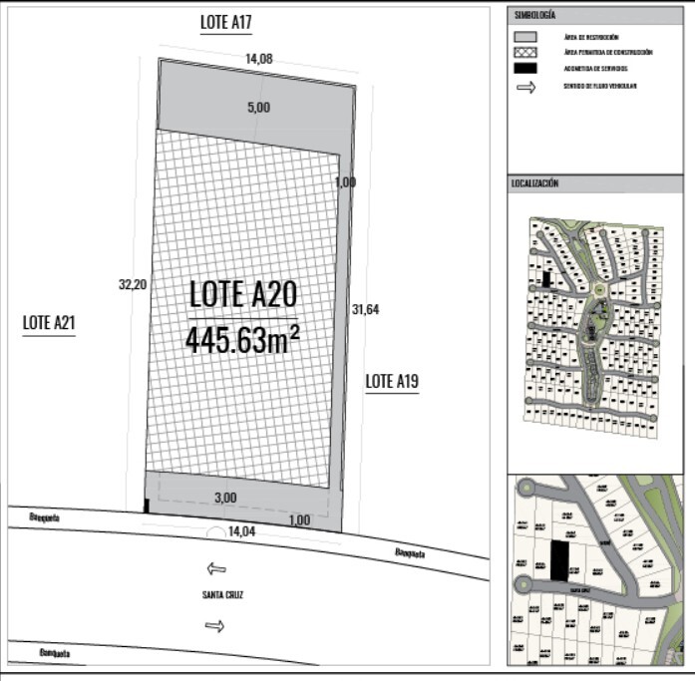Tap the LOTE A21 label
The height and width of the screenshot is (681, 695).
pyautogui.click(x=49, y=323)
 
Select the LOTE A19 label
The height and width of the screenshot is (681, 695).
pyautogui.click(x=392, y=381)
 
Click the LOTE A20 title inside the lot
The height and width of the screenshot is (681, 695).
pyautogui.click(x=242, y=294)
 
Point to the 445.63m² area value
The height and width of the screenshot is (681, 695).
pyautogui.click(x=242, y=340)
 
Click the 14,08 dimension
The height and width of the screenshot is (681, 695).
pyautogui.click(x=258, y=59)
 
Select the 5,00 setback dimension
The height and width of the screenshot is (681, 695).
pyautogui.click(x=258, y=108)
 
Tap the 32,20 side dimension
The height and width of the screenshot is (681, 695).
pyautogui.click(x=133, y=284)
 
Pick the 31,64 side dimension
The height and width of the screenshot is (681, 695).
pyautogui.click(x=365, y=309)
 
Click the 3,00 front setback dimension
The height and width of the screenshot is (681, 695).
pyautogui.click(x=225, y=498)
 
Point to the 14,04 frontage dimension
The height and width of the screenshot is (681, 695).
pyautogui.click(x=241, y=532)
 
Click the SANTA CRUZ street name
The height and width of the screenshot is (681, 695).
pyautogui.click(x=221, y=595)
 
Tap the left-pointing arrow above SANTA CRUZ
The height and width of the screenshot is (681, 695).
pyautogui.click(x=215, y=569)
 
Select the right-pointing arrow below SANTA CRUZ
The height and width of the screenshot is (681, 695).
pyautogui.click(x=215, y=625)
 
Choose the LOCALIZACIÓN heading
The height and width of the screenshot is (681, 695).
pyautogui.click(x=535, y=183)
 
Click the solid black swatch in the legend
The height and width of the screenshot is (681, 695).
pyautogui.click(x=525, y=68)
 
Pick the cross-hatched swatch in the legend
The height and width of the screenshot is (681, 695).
pyautogui.click(x=525, y=52)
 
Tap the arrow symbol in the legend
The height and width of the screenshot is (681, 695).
pyautogui.click(x=525, y=87)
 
